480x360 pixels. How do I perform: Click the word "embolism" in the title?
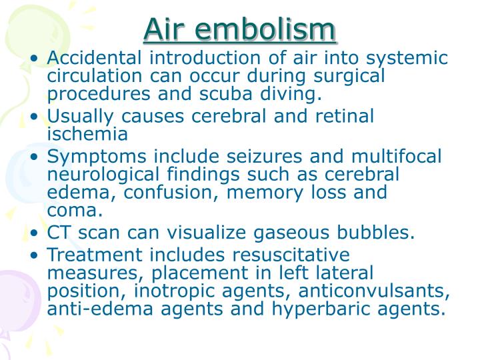[x=265, y=29]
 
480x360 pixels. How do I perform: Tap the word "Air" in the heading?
[x=165, y=29]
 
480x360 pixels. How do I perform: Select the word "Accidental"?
[x=94, y=57]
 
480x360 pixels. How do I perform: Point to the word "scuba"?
[x=226, y=93]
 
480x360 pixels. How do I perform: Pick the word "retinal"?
[x=345, y=116]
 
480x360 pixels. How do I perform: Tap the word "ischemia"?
[x=87, y=134]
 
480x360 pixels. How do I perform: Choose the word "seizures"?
[x=264, y=156]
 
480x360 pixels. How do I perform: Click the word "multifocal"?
[x=397, y=156]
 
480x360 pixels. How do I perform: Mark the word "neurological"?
[x=103, y=175]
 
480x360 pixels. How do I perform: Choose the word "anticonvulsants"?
[x=374, y=291]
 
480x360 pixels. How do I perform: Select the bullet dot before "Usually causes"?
[x=34, y=116]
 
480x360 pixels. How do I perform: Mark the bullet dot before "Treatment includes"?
[x=34, y=255]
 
